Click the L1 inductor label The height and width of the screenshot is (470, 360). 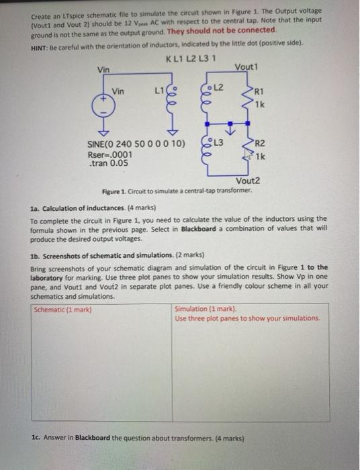point(159,89)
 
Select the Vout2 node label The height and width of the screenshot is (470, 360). point(247,181)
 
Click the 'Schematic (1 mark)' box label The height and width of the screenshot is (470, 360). point(62,310)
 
